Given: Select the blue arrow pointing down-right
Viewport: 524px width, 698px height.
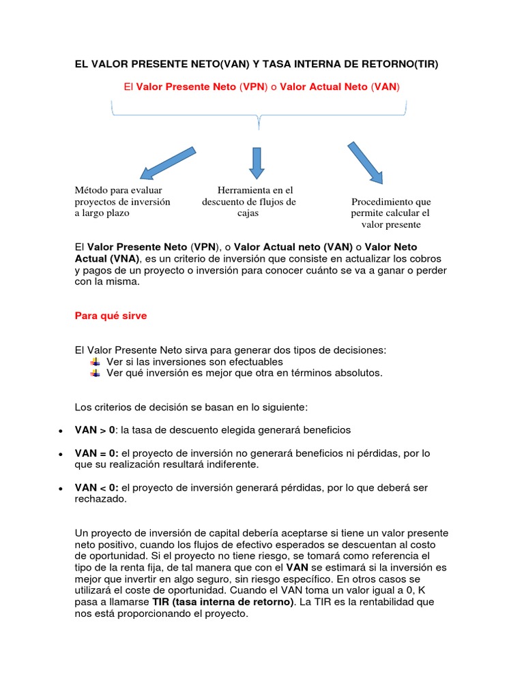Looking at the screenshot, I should pos(365,163).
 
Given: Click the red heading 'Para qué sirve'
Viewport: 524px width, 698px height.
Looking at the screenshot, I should pos(110,316).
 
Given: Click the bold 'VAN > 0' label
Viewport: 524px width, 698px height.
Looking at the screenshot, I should pos(95,430).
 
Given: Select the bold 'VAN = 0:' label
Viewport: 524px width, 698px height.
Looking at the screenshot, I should pos(97,453).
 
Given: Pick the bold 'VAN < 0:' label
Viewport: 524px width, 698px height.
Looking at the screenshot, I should pos(97,487).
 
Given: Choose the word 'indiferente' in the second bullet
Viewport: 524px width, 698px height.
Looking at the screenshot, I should pos(233,464).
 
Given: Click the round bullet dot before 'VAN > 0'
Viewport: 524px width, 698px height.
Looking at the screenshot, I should pos(61,431).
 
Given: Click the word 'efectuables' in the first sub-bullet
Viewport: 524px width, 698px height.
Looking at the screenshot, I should pos(256,361).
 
